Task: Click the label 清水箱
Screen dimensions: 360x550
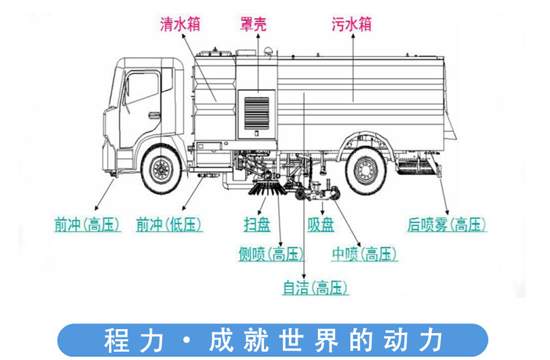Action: tap(180, 25)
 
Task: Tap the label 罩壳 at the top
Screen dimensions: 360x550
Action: tap(254, 25)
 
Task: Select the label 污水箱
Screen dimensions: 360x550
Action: tap(352, 25)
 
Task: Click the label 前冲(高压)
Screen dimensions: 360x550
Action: tap(87, 225)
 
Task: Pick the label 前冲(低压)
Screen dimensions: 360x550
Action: tap(169, 225)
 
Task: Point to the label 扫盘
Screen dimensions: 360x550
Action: tap(257, 225)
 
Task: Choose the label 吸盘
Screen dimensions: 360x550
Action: tap(321, 225)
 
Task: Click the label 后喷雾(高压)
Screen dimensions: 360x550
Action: tap(447, 225)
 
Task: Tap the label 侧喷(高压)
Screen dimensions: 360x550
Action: tap(271, 254)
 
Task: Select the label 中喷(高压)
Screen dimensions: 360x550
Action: tap(364, 254)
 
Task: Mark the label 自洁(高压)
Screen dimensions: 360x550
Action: tap(315, 288)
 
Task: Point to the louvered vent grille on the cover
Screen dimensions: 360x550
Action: tap(257, 113)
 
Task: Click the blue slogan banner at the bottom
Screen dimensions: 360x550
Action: tap(272, 340)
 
